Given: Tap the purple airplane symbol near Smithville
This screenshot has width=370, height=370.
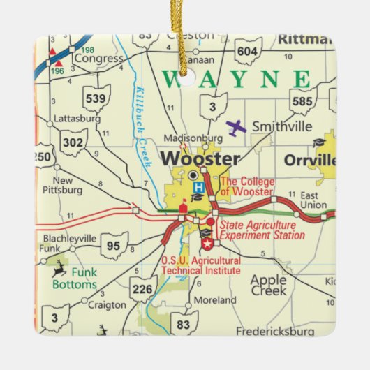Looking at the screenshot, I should point(237,128).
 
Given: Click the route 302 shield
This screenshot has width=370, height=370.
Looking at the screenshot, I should point(73,142).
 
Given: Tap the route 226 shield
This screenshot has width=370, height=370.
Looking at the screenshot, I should point(143,288).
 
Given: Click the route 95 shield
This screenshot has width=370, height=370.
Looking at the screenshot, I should point(114,246).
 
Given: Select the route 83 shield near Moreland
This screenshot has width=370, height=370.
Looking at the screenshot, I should point(184,323).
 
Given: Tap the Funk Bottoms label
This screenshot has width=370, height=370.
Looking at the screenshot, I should point(74,279).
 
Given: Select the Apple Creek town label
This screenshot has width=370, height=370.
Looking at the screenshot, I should point(268,285).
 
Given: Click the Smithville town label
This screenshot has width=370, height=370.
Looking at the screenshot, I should point(281,127).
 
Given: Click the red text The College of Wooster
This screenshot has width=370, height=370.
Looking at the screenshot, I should point(247,187).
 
